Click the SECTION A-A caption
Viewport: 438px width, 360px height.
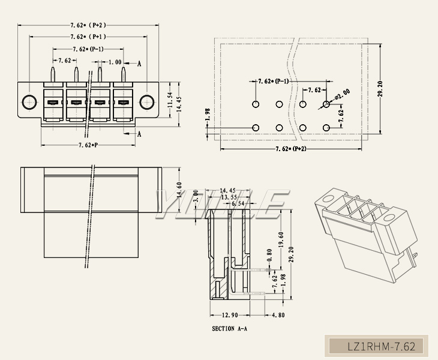pyautogui.click(x=230, y=329)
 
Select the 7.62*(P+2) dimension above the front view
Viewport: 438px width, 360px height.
pyautogui.click(x=88, y=25)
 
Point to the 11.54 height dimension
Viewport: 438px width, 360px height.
pyautogui.click(x=170, y=101)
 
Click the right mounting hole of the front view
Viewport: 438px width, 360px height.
pyautogui.click(x=146, y=102)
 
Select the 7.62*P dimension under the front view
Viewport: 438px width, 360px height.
pyautogui.click(x=88, y=146)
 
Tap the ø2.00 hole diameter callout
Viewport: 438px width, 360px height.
pyautogui.click(x=343, y=94)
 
